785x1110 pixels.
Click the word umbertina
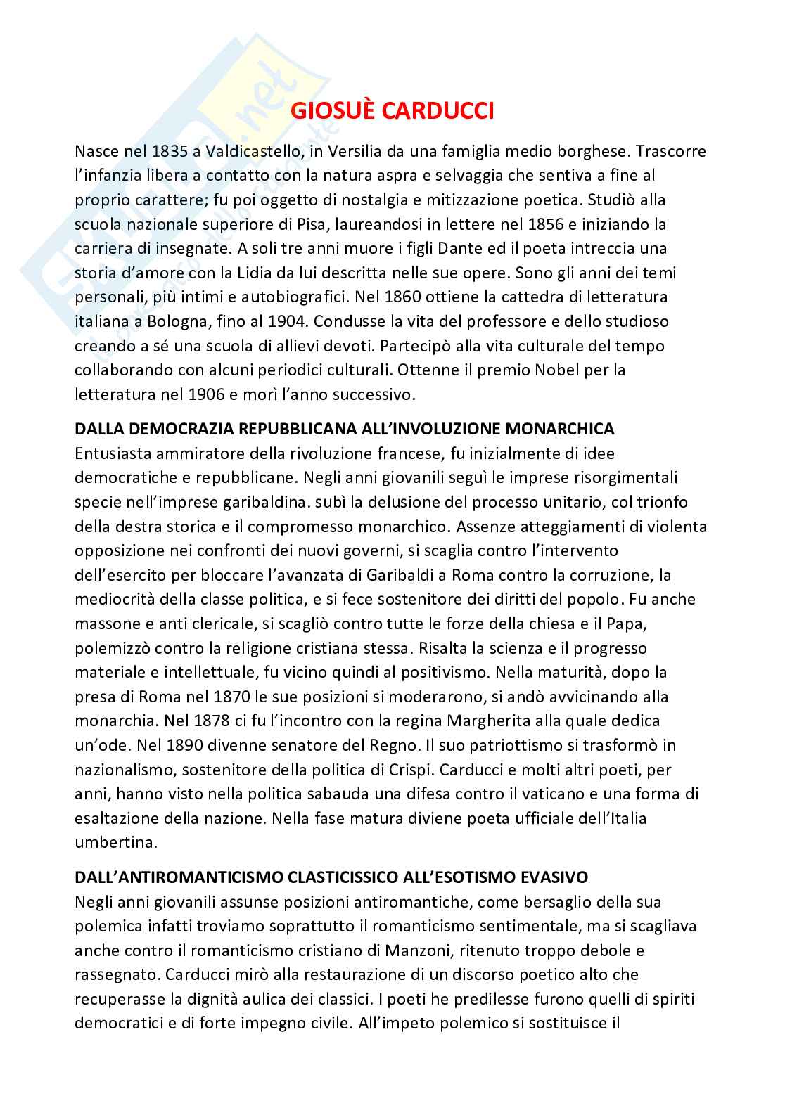tap(110, 842)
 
